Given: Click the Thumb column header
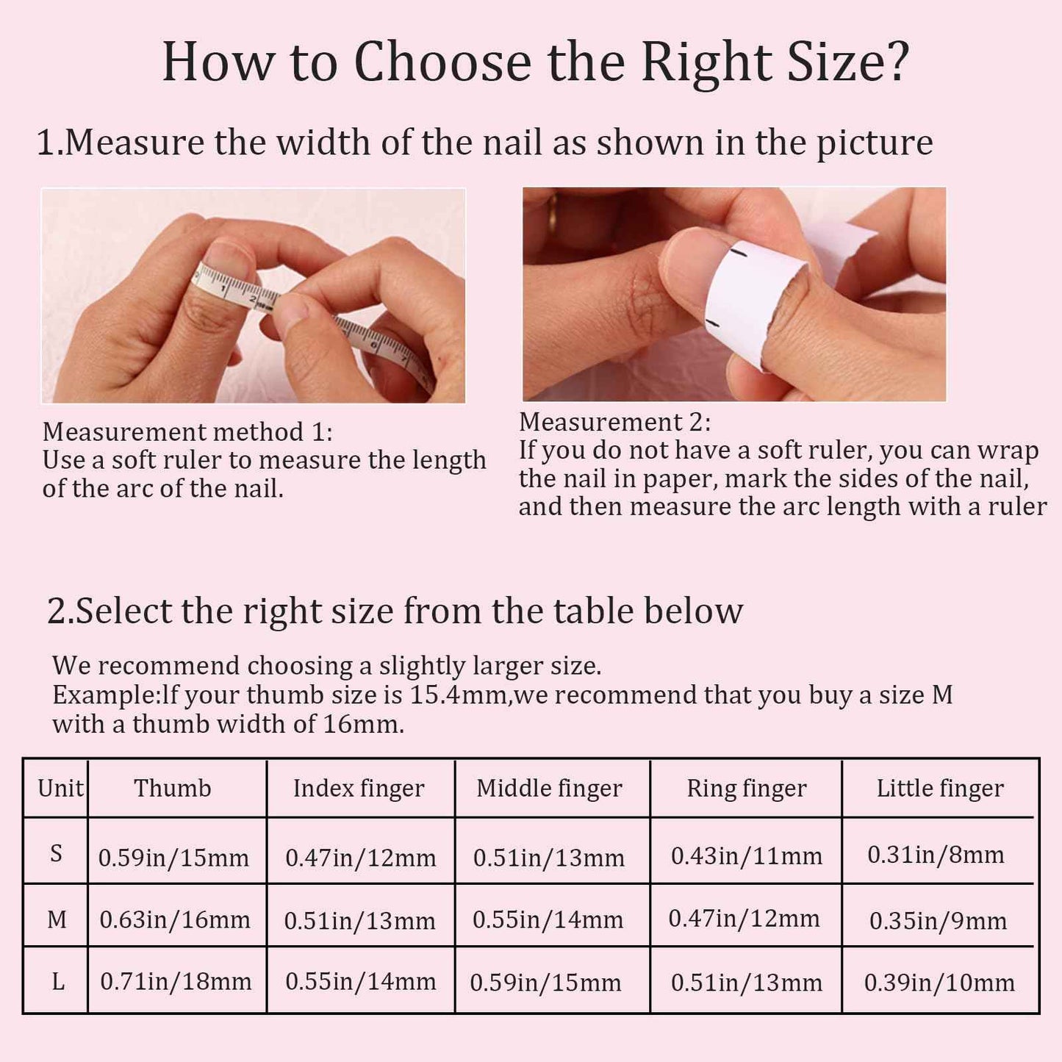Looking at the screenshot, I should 173,788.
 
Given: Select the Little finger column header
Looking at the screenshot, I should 939,788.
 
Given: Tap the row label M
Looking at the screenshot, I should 57,919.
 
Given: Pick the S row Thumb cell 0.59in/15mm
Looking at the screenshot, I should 173,857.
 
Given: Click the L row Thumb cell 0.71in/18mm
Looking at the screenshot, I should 176,981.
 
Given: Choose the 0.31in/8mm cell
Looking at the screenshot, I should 936,855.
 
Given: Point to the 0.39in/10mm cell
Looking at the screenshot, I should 939,983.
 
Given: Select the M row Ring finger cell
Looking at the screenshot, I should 744,918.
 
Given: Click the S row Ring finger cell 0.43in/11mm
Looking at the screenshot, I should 746,855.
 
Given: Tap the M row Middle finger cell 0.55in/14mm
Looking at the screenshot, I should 548,919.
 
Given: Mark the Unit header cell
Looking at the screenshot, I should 60,788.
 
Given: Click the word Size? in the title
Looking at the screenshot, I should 848,62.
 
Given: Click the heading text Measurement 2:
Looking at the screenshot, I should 614,422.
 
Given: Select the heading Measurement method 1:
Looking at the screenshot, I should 187,431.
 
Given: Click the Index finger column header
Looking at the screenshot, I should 359,788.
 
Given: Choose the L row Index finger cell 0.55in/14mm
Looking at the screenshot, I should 360,981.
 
